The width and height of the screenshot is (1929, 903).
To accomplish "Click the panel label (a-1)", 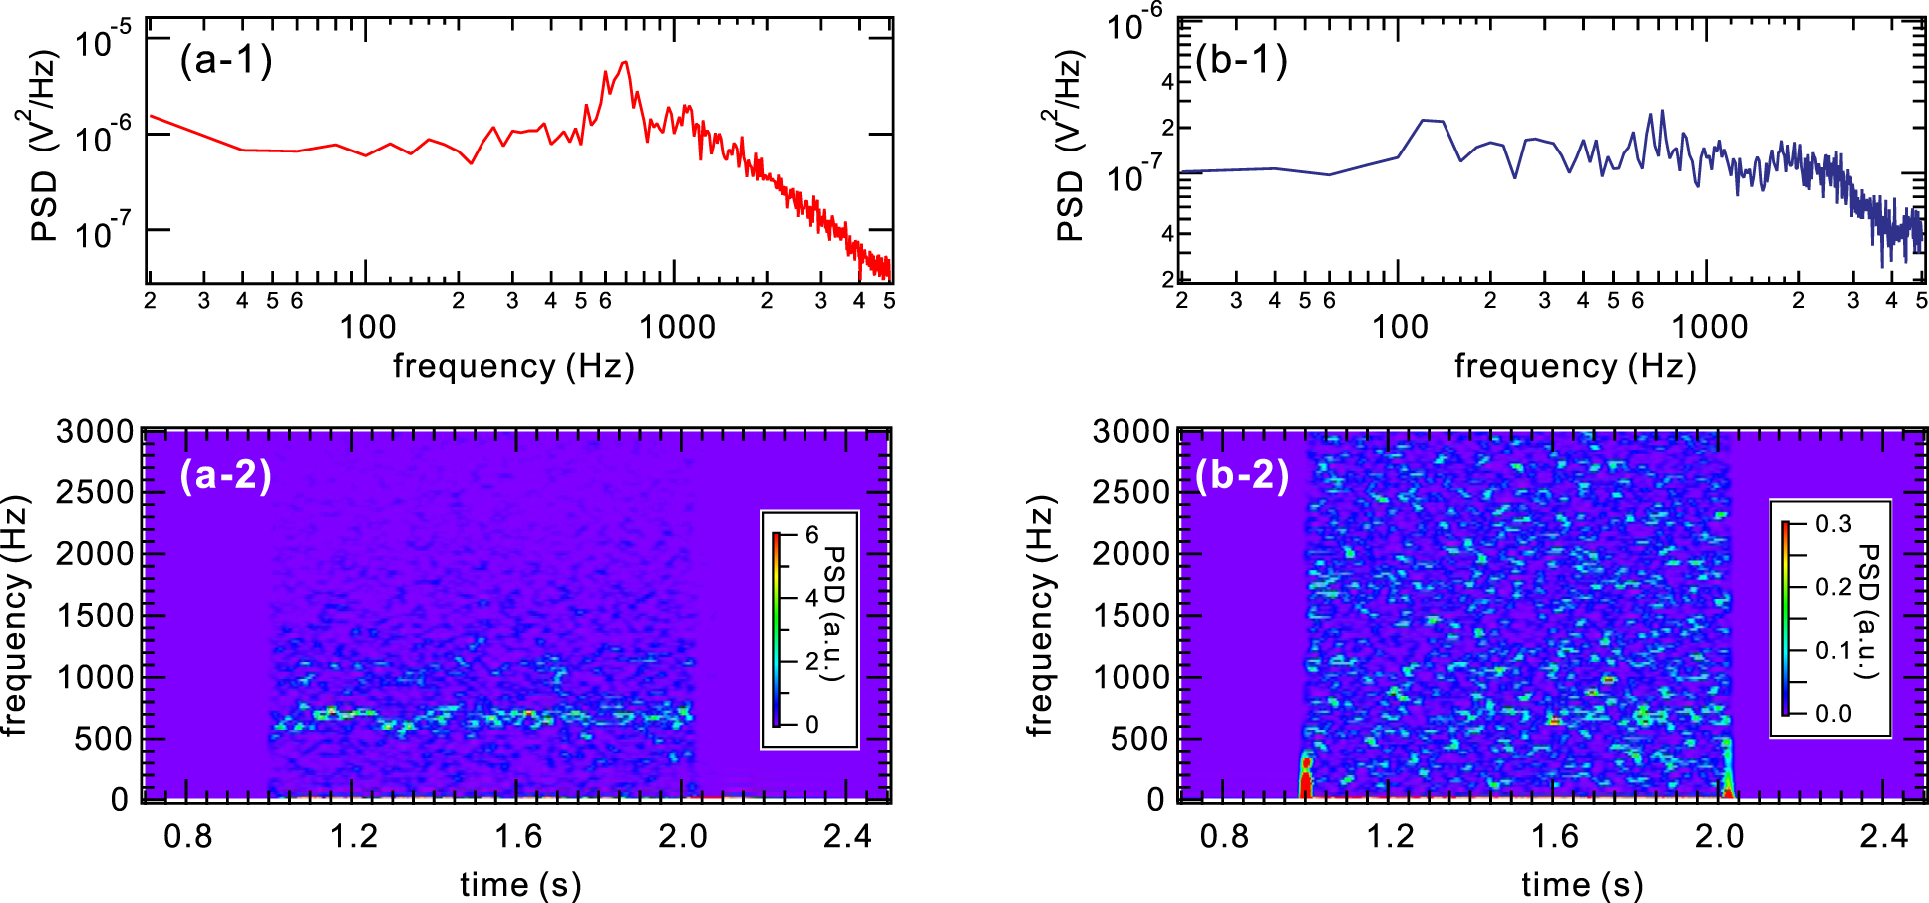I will [x=226, y=61].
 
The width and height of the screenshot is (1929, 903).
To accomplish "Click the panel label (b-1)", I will [x=1242, y=61].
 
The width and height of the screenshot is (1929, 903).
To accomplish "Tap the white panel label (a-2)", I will [x=226, y=475].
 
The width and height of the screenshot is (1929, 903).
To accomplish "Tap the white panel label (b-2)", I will [x=1242, y=475].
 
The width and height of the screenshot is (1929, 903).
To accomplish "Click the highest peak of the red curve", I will [x=625, y=63].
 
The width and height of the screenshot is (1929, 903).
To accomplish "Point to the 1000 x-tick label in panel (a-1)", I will [x=677, y=327].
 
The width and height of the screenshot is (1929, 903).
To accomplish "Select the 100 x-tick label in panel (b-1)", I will [x=1400, y=327].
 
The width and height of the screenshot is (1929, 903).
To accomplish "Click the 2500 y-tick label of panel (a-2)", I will [x=94, y=492].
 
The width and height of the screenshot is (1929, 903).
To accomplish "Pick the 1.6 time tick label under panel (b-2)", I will [x=1555, y=835].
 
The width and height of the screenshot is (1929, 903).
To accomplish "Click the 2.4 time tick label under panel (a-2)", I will [x=847, y=835].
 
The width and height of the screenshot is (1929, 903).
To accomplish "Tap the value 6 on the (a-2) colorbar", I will [x=811, y=536].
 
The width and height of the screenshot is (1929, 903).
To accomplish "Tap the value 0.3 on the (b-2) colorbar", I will [x=1832, y=524].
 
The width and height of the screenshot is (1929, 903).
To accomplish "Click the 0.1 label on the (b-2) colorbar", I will [x=1832, y=650].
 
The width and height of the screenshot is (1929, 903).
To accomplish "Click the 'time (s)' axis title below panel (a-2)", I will [x=520, y=884].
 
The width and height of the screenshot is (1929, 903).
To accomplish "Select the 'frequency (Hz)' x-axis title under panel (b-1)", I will [x=1575, y=366].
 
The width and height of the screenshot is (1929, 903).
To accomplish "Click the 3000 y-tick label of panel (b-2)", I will [x=1130, y=432].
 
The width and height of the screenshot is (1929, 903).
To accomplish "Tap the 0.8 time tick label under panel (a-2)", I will [x=187, y=835].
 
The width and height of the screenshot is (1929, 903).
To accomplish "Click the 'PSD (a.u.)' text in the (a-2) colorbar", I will [x=835, y=612].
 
